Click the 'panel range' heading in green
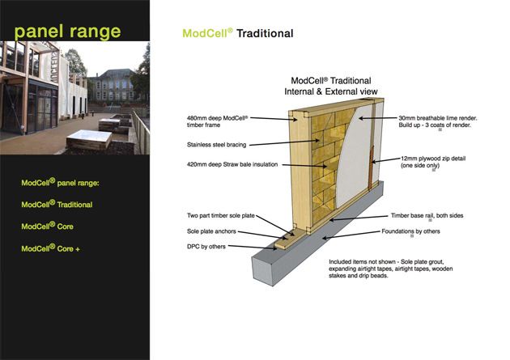(67, 32)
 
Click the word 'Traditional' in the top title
(265, 33)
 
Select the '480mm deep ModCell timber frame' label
(218, 121)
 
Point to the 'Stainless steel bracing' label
(216, 145)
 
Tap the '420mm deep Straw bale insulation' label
(232, 164)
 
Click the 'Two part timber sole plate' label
(220, 215)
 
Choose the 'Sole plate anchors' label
(211, 231)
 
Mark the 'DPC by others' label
(206, 247)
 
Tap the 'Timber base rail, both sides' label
(427, 215)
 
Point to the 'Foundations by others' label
(410, 231)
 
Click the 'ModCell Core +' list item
(50, 248)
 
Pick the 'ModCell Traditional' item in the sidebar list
(57, 204)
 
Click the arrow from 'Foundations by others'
(351, 235)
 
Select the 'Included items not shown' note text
(391, 269)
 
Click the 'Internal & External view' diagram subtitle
(331, 91)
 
